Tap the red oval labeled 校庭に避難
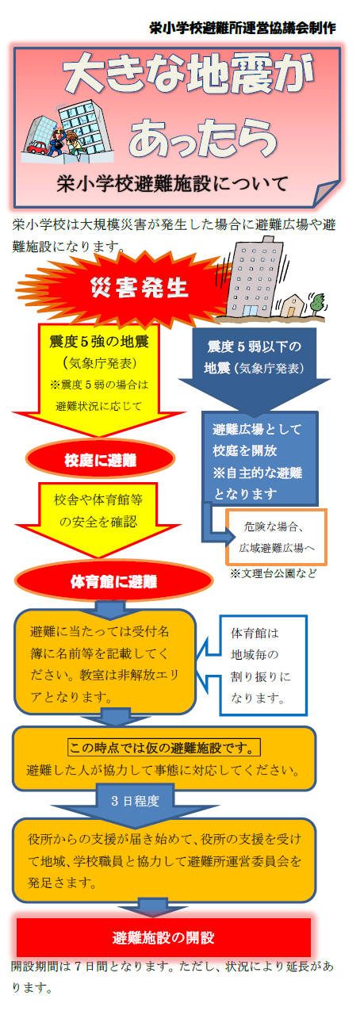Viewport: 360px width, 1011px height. click(100, 459)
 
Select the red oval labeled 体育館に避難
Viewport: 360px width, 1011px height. click(113, 581)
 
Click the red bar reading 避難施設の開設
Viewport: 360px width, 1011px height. click(163, 937)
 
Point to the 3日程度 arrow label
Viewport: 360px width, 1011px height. click(135, 801)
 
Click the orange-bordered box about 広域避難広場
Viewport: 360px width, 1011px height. click(276, 537)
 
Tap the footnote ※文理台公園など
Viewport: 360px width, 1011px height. click(274, 573)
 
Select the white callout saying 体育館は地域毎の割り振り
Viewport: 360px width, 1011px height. click(258, 665)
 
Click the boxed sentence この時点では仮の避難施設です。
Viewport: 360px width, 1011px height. click(164, 748)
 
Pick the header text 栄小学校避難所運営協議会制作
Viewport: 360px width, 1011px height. click(243, 28)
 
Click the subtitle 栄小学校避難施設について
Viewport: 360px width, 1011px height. click(172, 184)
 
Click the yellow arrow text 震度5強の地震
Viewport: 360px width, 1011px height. click(99, 342)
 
